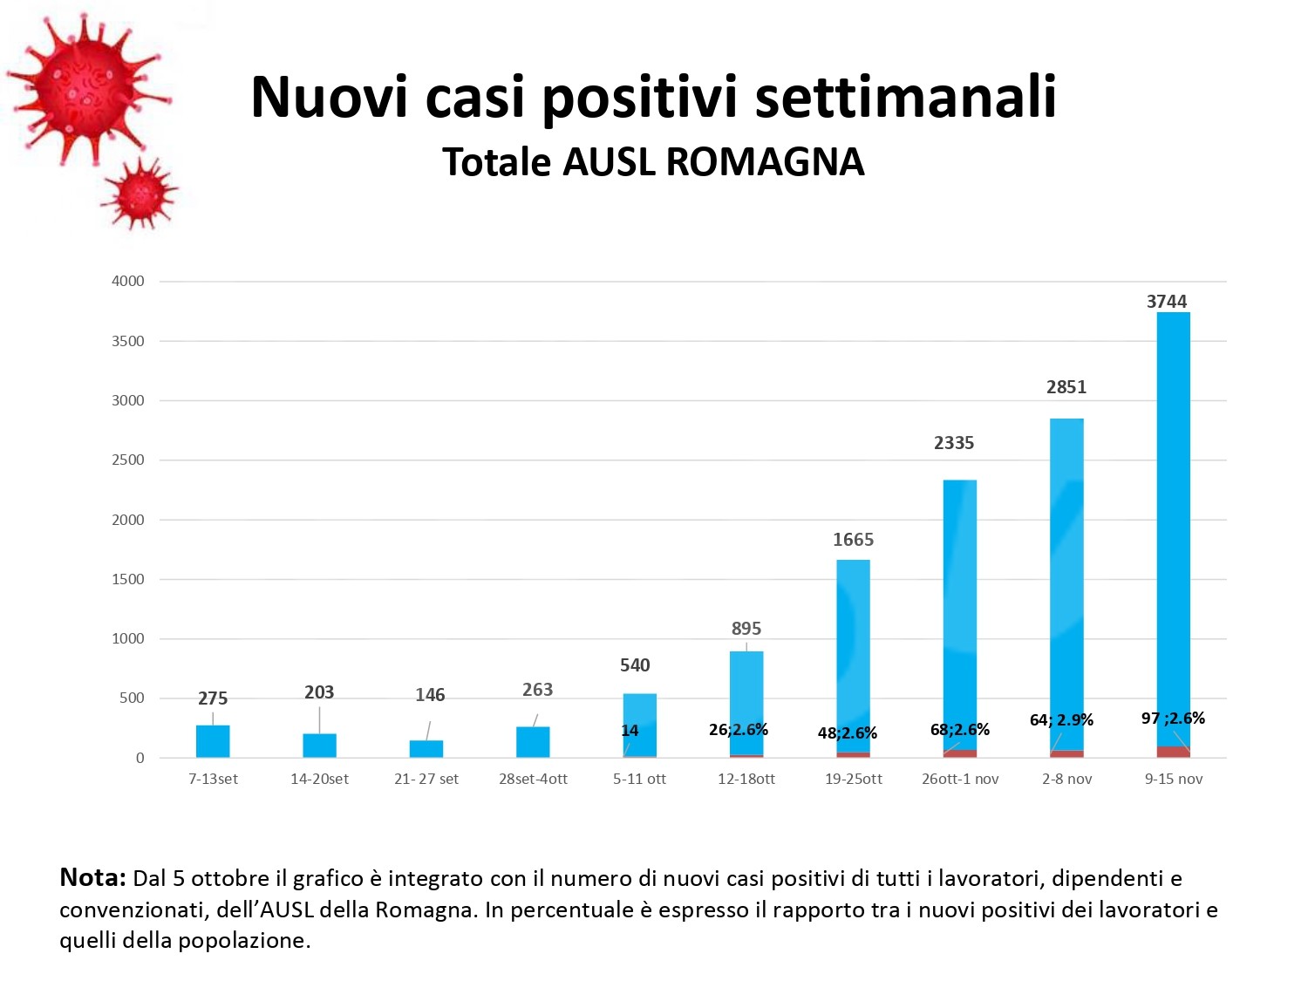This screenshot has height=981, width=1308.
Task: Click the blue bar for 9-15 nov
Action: coord(1173,523)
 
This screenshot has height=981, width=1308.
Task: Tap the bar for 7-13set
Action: coord(213,740)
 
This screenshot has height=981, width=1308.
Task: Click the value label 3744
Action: coord(1166,302)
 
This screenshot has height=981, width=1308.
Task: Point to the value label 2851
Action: coord(1066,387)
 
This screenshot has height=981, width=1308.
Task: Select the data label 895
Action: coord(746,629)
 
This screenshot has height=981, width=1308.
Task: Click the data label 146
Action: coord(430,695)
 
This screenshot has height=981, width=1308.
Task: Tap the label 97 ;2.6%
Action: coord(1173,719)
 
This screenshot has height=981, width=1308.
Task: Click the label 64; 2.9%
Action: coord(1061,720)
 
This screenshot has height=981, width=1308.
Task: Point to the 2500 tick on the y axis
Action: coord(128,460)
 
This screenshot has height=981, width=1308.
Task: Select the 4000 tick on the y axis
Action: coord(128,281)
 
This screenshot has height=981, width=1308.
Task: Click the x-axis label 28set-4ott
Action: coord(533,779)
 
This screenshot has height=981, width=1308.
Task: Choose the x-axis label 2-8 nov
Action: coord(1066,779)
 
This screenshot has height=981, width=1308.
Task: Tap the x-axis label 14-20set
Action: coord(319,779)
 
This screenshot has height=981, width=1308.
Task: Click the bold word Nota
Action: coord(92,877)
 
